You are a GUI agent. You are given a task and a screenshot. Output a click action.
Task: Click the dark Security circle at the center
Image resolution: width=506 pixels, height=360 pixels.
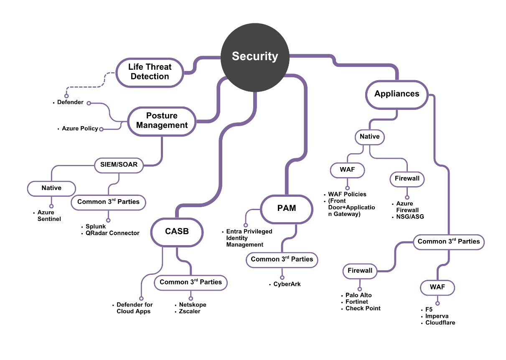click(255, 56)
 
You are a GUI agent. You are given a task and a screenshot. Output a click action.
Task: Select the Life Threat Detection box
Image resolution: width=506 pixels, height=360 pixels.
click(150, 72)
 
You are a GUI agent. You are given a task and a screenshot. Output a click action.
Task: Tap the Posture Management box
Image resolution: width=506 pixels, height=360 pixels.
click(162, 121)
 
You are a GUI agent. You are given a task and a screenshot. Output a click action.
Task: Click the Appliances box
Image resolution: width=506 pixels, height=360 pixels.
click(397, 94)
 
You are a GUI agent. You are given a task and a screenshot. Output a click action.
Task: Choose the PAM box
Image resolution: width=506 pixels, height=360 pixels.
click(287, 208)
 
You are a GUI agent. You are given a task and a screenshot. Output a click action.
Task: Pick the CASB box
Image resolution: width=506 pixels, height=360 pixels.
click(177, 231)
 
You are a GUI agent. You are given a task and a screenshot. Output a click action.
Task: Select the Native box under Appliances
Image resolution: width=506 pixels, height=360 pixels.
click(369, 137)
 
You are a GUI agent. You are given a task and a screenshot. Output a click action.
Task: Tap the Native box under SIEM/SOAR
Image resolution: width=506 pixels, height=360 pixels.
click(51, 188)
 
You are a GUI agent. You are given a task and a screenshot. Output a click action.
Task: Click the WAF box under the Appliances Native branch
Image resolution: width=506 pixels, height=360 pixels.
click(347, 170)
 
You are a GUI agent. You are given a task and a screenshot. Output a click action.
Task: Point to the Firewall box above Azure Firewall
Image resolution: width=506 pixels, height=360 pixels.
click(407, 179)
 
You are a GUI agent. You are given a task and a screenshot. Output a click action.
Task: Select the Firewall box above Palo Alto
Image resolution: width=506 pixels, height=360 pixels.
click(360, 271)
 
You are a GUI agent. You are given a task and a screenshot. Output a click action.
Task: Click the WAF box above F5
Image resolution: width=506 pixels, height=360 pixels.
click(437, 287)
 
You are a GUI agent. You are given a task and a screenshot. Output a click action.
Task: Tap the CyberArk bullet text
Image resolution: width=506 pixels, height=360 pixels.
click(287, 284)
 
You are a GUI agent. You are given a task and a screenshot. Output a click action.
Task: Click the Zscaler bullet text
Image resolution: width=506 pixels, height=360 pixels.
click(190, 311)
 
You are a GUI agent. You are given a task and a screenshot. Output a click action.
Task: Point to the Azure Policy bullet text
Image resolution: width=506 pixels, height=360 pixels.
click(80, 129)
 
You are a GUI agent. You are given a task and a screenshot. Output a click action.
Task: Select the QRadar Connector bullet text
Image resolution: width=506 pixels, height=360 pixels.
click(112, 233)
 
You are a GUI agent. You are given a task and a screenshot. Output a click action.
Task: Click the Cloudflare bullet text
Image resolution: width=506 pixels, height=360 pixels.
click(440, 322)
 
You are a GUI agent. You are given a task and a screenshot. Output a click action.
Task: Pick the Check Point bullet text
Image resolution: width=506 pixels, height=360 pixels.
click(363, 308)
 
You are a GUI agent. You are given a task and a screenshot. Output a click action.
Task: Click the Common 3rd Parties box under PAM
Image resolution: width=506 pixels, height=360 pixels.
click(282, 259)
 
